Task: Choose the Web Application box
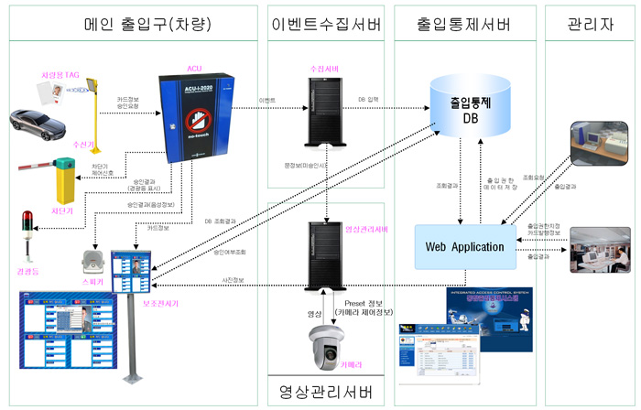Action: (x=464, y=247)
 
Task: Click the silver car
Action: (x=42, y=125)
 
